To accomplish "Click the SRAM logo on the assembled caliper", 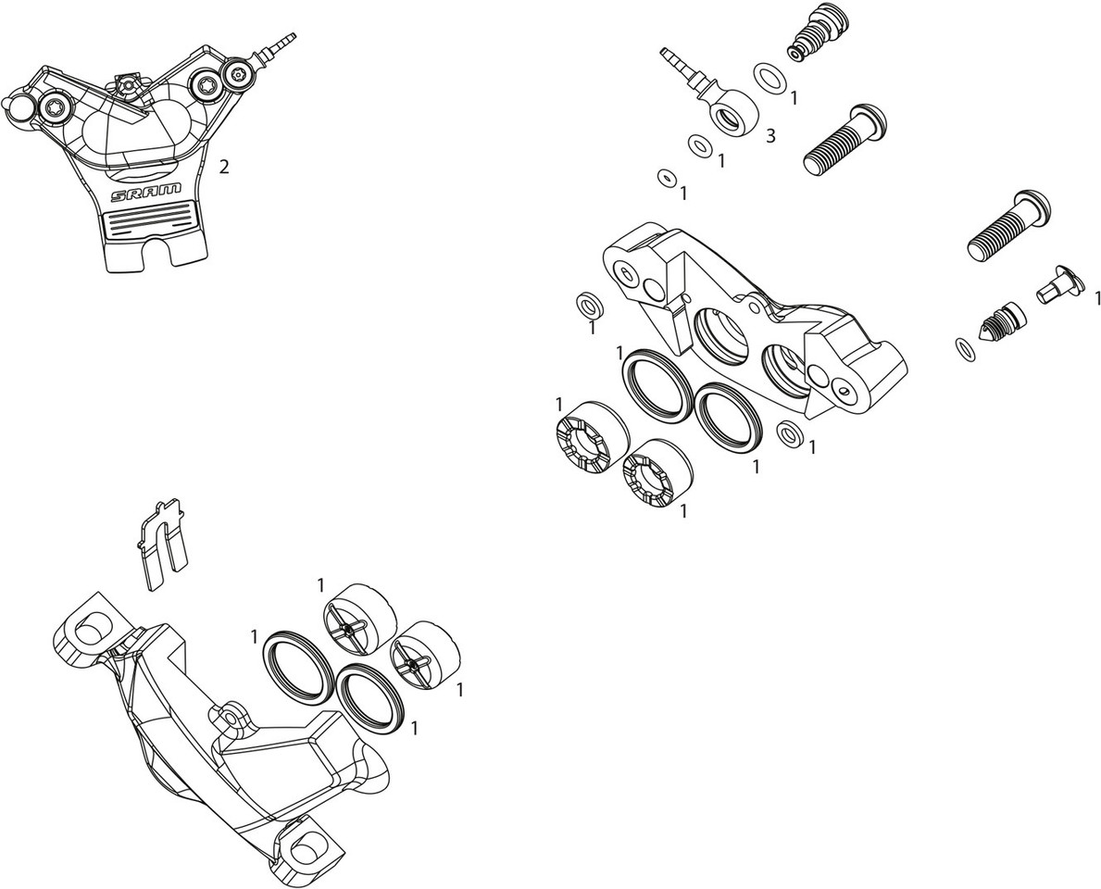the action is click(x=146, y=192).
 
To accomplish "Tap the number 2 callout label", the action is click(x=224, y=168).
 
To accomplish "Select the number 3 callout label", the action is click(x=770, y=136).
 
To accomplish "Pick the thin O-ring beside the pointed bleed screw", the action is click(x=965, y=351).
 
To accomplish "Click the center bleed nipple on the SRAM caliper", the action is click(x=127, y=85).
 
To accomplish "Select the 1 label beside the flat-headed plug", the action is click(x=1096, y=298).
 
